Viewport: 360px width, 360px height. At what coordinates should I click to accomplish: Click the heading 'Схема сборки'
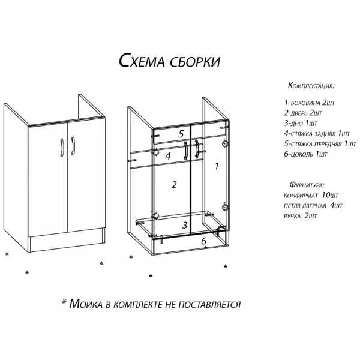pos(169,61)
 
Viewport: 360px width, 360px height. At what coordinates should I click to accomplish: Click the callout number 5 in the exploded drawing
pos(181,134)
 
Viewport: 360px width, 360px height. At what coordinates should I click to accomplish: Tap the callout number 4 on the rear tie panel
pos(168,156)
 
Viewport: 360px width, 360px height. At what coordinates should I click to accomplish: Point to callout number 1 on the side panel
pos(217,166)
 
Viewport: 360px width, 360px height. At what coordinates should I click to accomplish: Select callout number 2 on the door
pos(174,184)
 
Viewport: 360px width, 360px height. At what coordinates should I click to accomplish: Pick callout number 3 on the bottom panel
pos(185,225)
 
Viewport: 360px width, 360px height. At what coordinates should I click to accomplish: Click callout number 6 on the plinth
pos(203,241)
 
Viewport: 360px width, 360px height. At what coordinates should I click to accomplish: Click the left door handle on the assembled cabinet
pos(62,148)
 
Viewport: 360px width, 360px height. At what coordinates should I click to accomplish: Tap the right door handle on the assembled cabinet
pos(73,146)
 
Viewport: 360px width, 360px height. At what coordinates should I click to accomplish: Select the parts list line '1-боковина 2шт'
pos(310,103)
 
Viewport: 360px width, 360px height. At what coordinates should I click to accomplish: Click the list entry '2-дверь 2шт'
pos(303,113)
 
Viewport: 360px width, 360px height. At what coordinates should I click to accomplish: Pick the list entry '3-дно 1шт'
pos(301,123)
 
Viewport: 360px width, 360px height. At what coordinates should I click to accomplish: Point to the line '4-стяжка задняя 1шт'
pos(317,133)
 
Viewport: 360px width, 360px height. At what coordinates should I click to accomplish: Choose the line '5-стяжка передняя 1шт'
pos(320,144)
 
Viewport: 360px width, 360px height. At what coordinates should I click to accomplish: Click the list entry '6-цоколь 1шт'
pos(305,154)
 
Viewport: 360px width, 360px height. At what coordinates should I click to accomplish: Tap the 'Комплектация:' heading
pos(311,86)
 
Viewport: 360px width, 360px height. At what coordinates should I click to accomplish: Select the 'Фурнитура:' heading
pos(307,185)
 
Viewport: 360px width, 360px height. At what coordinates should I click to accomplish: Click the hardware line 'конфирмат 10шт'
pos(311,196)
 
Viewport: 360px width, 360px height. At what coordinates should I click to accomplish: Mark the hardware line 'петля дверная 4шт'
pos(313,205)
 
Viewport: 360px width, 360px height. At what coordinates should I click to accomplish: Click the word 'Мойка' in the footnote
pos(86,304)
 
